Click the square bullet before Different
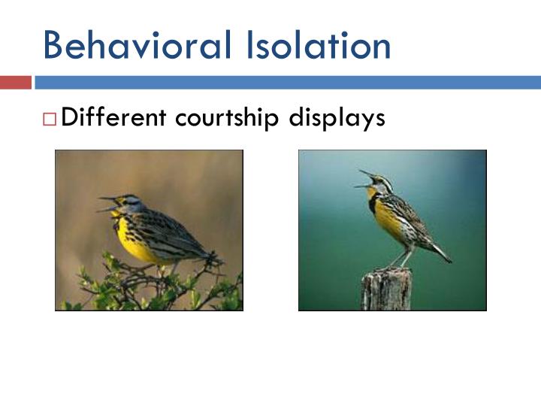[x=50, y=119]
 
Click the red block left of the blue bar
[x=15, y=82]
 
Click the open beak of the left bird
[x=107, y=204]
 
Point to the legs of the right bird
[x=397, y=259]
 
